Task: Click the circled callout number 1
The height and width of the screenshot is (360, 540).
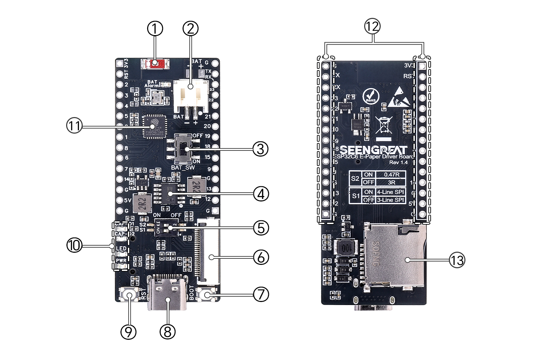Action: tap(155, 29)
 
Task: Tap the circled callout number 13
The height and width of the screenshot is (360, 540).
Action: tap(457, 260)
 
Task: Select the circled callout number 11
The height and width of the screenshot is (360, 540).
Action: tap(74, 126)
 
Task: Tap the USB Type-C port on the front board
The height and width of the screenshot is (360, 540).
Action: tap(167, 293)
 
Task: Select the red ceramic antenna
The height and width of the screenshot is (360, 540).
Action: tap(155, 63)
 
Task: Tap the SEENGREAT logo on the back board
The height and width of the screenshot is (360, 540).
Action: tap(373, 149)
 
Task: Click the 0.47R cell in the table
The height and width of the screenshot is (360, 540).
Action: tap(391, 174)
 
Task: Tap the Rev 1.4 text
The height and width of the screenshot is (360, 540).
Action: tap(398, 162)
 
